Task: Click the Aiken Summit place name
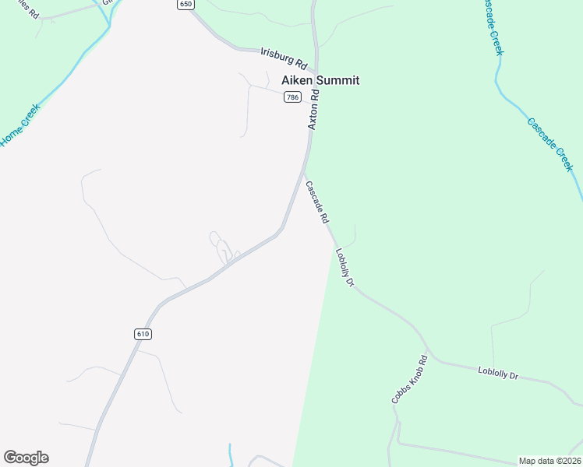[x=320, y=80]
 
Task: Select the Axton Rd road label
[x=314, y=111]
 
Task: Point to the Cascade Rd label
[x=317, y=203]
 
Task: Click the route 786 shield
[x=291, y=97]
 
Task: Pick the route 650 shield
[x=185, y=5]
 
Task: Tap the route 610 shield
[x=142, y=334]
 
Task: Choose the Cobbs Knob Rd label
[x=410, y=379]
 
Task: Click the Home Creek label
[x=19, y=125]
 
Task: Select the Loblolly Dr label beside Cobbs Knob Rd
[x=498, y=374]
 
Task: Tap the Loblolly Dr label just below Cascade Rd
[x=344, y=268]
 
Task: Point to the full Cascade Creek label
[x=550, y=144]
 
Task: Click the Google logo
[x=26, y=458]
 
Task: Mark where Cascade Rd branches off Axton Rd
[x=304, y=165]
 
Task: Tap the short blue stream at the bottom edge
[x=231, y=455]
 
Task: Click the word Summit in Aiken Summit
[x=336, y=80]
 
